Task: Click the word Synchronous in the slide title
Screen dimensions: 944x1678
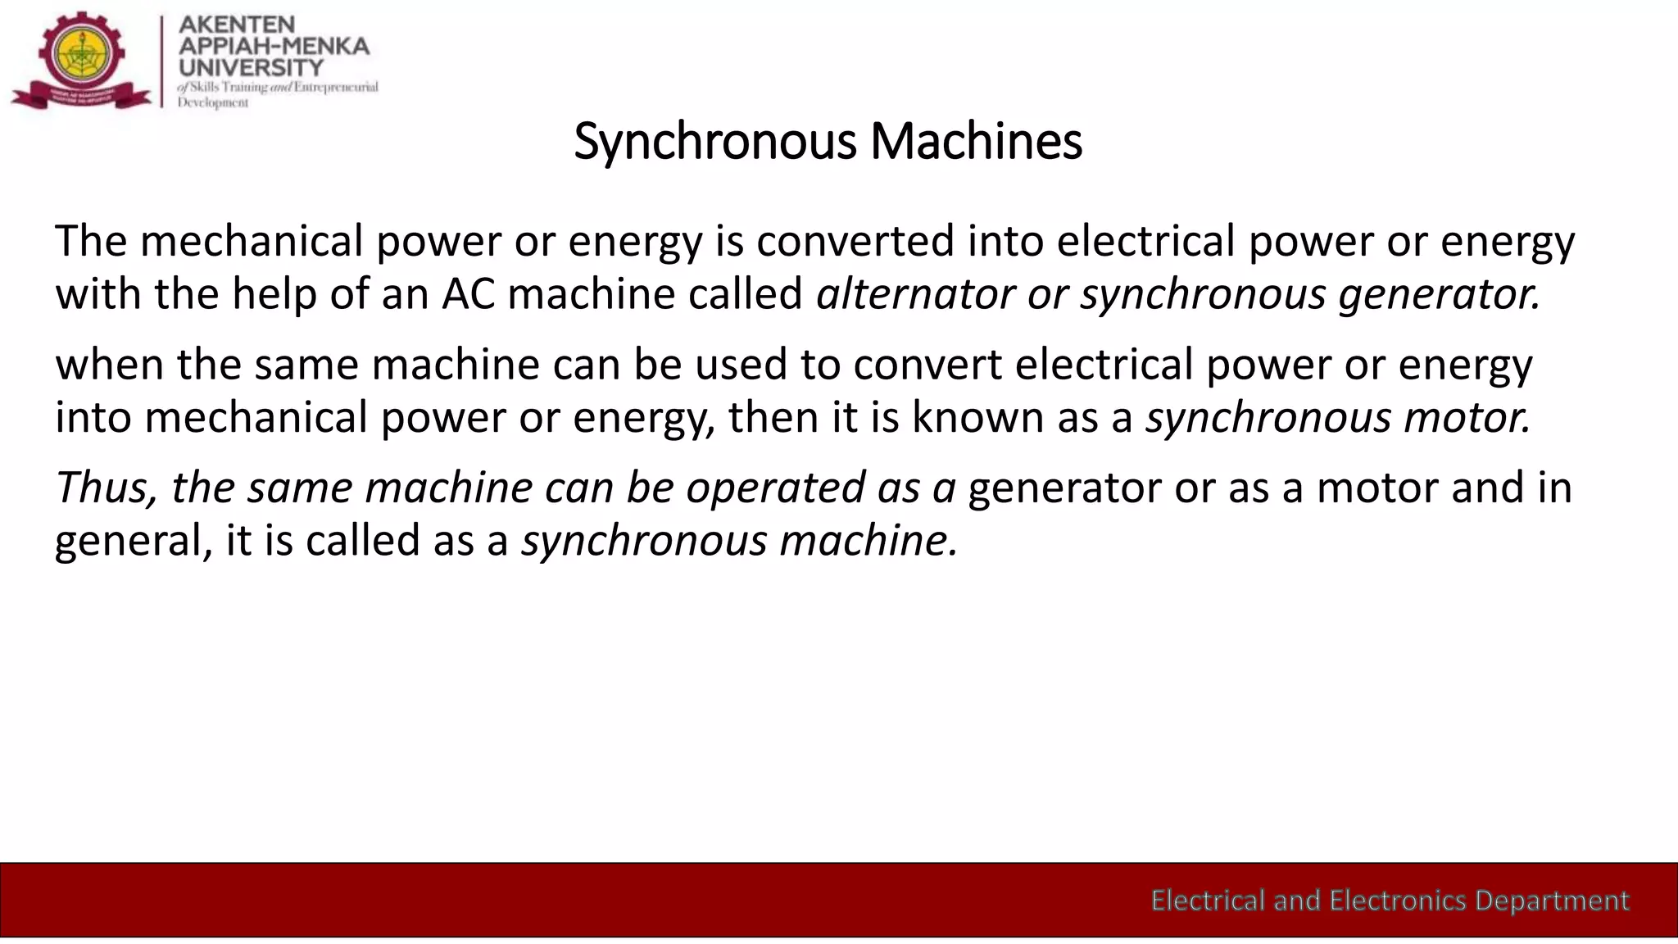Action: (x=715, y=142)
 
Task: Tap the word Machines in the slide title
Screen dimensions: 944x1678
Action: (x=976, y=142)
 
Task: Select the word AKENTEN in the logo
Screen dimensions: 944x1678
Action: (x=237, y=25)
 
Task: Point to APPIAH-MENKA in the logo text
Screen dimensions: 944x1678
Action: (x=274, y=46)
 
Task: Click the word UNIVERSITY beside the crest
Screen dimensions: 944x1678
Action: (x=251, y=67)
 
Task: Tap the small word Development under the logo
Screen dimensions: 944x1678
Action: (x=213, y=102)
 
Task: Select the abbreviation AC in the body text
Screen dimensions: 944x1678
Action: (x=469, y=294)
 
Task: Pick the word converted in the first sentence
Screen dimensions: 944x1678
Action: (x=855, y=242)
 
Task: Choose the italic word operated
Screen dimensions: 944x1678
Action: (x=775, y=488)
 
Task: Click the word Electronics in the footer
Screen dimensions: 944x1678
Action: (x=1398, y=901)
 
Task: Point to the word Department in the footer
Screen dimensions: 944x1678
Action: (x=1552, y=901)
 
